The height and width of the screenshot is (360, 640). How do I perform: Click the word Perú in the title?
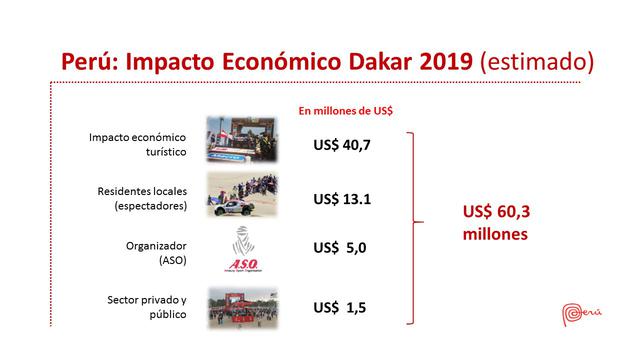coord(91,61)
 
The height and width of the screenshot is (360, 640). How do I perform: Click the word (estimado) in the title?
coord(537,61)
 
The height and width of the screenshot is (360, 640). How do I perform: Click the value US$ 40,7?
coord(342,145)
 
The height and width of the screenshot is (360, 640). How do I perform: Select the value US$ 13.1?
coord(342,199)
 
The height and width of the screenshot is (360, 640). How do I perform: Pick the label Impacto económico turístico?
coord(153,144)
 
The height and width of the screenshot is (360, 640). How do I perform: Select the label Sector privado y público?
coord(153,307)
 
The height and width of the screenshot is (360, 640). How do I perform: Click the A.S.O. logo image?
coord(241,250)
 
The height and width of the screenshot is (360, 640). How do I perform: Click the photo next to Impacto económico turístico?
coord(241,139)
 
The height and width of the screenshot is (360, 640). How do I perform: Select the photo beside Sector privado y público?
coord(241,306)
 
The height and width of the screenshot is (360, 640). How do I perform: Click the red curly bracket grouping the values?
coord(413,226)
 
